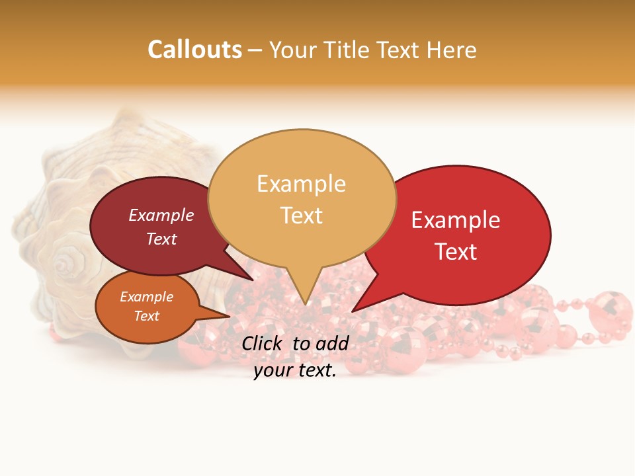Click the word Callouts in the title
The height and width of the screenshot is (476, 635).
click(194, 50)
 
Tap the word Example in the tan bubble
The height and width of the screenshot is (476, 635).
click(301, 184)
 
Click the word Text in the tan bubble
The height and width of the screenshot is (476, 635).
click(301, 216)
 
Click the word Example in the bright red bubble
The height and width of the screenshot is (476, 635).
click(456, 220)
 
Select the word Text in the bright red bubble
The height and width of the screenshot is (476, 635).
click(456, 252)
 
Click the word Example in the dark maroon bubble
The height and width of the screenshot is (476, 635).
click(161, 215)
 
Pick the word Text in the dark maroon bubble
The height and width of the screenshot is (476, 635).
click(161, 239)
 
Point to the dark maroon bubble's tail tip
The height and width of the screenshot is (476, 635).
click(253, 279)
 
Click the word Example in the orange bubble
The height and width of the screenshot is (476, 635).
click(146, 297)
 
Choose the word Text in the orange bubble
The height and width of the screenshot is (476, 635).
click(146, 316)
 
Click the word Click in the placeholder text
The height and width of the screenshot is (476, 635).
click(263, 343)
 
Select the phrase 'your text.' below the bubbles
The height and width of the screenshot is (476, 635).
click(295, 371)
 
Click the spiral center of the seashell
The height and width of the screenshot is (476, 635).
click(64, 265)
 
